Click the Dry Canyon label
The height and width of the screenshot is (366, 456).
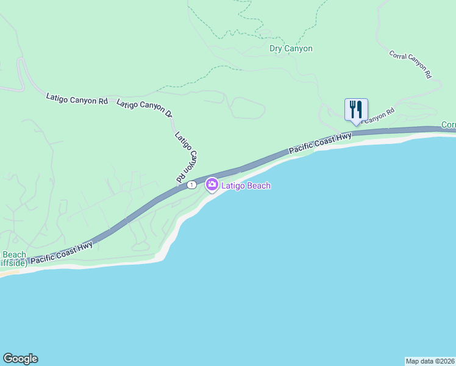coord(291,49)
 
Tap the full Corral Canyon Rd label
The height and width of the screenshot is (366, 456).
coord(410,63)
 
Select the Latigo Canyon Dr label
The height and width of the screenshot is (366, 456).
coord(144,108)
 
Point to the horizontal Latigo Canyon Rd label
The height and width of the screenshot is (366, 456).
coord(77,98)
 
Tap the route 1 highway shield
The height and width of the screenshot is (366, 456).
coord(192,184)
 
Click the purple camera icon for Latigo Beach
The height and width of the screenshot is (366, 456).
coord(212,184)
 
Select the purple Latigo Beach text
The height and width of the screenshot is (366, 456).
coord(246,186)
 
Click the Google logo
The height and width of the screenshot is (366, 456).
coord(20,359)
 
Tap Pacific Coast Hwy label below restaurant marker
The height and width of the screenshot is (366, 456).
coord(321,143)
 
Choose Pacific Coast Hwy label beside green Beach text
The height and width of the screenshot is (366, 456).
coord(62,253)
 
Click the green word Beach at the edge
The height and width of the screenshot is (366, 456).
coord(13,255)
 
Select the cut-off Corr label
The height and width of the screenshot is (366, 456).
coord(449,124)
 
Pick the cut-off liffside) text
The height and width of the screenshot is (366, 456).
coord(13,263)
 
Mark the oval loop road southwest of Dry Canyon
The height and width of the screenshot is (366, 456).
coord(246,110)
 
